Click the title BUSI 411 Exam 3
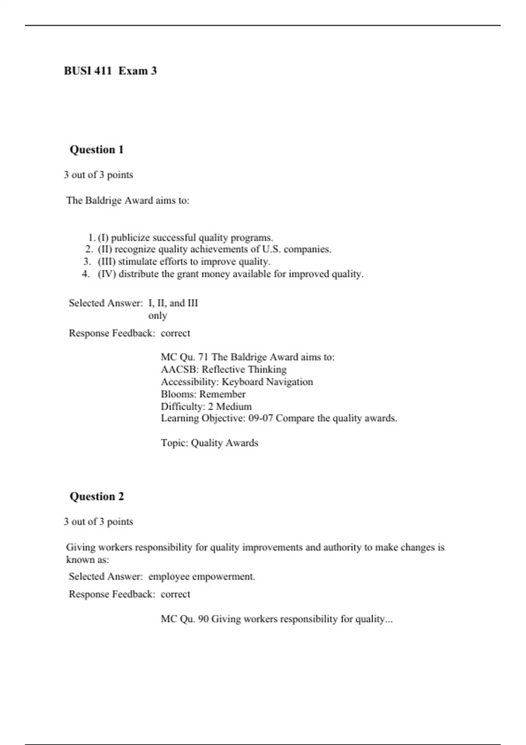click(110, 71)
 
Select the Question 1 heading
click(96, 150)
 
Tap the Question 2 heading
click(96, 497)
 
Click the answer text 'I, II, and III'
click(173, 303)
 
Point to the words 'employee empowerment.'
click(202, 577)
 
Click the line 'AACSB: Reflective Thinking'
click(224, 369)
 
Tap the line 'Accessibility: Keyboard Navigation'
click(237, 382)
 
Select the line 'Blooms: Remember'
click(203, 394)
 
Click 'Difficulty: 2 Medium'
click(206, 406)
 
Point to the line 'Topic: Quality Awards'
click(209, 443)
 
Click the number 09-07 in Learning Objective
click(260, 418)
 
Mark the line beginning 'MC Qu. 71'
click(247, 357)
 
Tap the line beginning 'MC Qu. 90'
click(276, 619)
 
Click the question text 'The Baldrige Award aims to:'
click(128, 201)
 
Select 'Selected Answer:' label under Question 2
click(106, 577)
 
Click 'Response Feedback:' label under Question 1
click(112, 333)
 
